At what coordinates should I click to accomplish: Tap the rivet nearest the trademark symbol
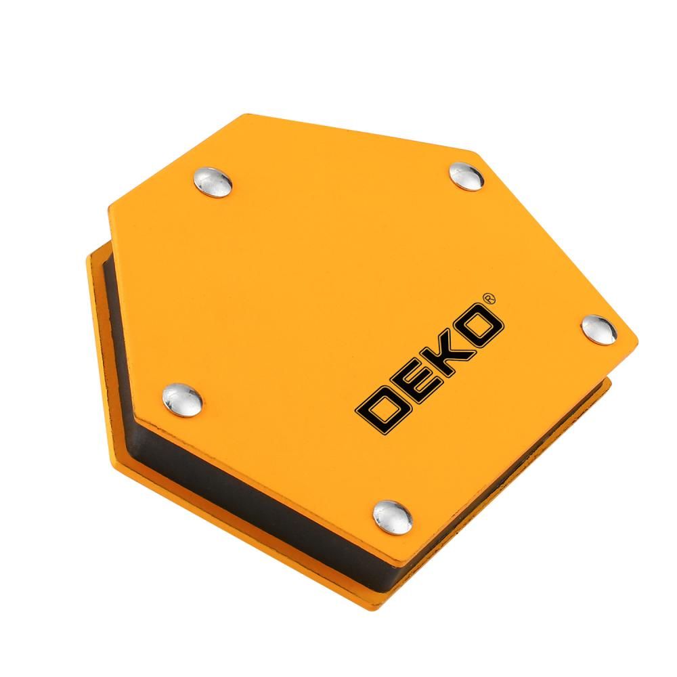(599, 330)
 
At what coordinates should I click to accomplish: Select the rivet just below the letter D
(393, 517)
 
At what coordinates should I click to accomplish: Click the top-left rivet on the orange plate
(213, 181)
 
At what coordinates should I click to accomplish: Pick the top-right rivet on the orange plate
(466, 176)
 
